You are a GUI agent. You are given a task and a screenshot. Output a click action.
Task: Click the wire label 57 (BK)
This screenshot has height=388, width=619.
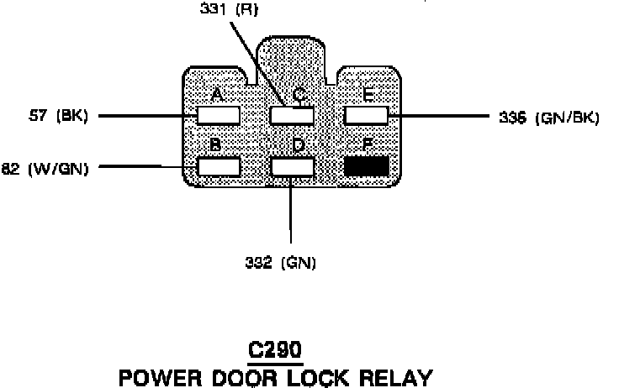(x=60, y=116)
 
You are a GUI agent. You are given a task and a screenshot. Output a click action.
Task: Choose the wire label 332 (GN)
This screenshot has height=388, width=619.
(x=280, y=263)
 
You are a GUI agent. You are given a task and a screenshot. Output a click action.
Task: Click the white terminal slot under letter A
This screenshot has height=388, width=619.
(x=219, y=115)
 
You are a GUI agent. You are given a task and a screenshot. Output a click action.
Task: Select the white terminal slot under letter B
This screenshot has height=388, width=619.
(x=219, y=165)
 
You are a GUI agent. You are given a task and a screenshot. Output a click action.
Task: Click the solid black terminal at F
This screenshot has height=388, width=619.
(x=367, y=165)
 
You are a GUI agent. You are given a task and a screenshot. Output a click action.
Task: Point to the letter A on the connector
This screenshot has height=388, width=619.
(x=217, y=95)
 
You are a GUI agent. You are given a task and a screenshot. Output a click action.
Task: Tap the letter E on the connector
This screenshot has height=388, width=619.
(x=368, y=95)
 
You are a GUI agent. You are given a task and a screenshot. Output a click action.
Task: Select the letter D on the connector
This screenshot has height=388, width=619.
(x=298, y=145)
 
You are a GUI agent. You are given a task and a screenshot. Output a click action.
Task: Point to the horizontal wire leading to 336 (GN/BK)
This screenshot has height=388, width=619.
(x=437, y=116)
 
